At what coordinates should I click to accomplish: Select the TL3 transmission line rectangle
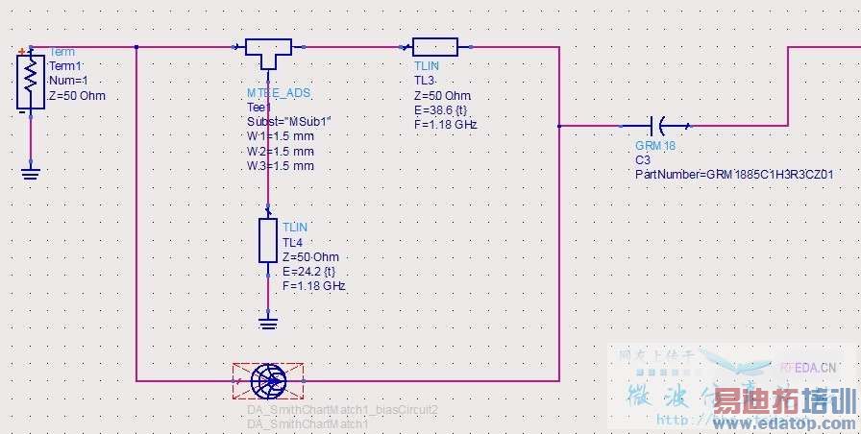point(434,46)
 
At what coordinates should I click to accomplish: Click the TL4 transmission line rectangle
point(268,240)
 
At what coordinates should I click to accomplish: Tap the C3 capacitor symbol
point(659,125)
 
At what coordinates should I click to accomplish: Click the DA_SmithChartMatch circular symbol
point(267,381)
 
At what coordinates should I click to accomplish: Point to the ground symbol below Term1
point(31,173)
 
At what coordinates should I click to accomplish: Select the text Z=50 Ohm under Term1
point(77,96)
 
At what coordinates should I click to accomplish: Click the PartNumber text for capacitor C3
point(733,174)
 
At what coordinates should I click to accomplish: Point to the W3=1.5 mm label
point(281,166)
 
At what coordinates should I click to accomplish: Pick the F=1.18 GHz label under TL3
point(446,125)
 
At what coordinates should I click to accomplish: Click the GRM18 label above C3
point(655,146)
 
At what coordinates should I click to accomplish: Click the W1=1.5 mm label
point(281,136)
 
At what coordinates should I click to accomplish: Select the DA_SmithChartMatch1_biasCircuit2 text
point(342,410)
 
